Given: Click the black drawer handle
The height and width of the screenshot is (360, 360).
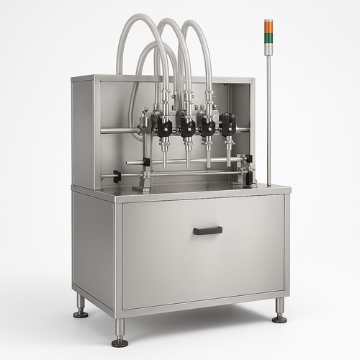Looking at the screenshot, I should coord(207,230).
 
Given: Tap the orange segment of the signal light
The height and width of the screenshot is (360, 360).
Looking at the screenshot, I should coord(269,25).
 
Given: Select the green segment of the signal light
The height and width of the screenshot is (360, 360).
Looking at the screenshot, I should coord(269,34).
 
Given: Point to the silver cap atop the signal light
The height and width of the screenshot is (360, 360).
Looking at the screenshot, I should coord(269,19).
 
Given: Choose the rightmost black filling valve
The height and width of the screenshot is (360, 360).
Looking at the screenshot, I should coord(228,125).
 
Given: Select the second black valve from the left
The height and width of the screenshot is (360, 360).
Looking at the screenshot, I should coord(186,127).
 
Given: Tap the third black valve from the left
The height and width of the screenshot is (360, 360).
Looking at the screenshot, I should coord(207,126).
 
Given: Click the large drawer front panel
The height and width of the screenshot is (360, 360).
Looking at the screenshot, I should coord(202,252).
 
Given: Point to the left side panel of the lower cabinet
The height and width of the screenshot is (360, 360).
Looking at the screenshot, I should coord(92,248).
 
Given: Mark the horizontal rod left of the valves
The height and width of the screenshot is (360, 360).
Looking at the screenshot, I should coord(119,130).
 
